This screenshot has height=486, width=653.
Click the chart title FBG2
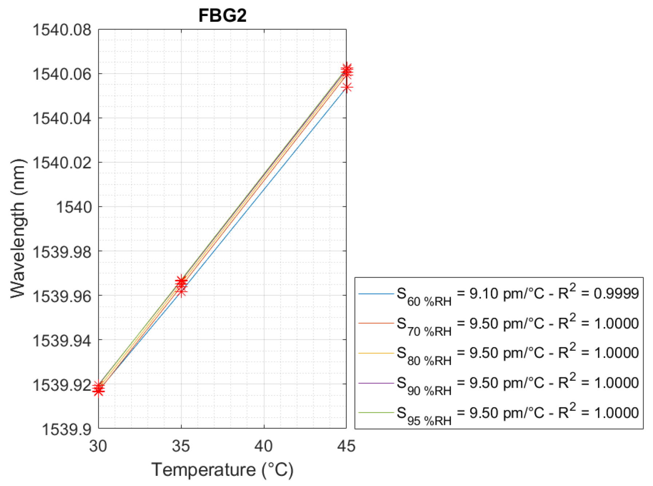[x=222, y=16]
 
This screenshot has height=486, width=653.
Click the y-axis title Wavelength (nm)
[x=17, y=228]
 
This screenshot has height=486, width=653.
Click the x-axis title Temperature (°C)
[x=222, y=470]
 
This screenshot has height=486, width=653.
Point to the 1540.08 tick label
[x=62, y=30]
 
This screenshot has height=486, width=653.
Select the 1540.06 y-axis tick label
[x=62, y=74]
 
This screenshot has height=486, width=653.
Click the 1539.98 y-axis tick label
[x=62, y=252]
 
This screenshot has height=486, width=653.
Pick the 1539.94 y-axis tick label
[x=62, y=341]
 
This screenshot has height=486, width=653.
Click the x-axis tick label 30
[x=98, y=446]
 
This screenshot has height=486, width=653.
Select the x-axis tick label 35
[x=181, y=446]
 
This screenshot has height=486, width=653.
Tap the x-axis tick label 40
[x=264, y=446]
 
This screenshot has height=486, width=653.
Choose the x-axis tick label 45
[x=346, y=446]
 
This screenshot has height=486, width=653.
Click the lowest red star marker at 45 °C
[x=347, y=87]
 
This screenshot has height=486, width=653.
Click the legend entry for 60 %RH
[x=499, y=294]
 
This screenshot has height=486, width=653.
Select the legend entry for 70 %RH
[x=499, y=324]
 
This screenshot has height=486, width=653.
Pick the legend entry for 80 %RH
[x=499, y=353]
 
